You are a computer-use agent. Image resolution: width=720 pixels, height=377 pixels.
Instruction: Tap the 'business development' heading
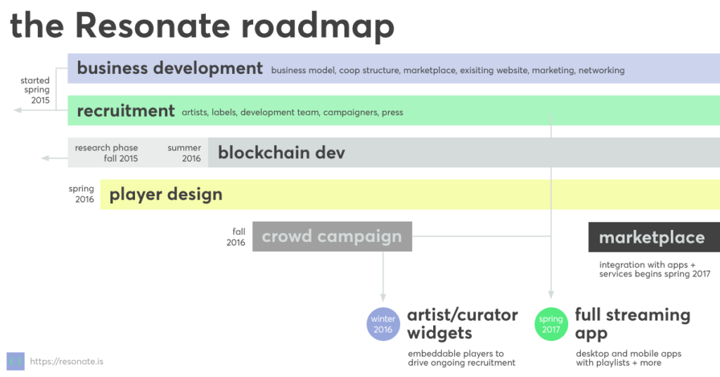(x=170, y=68)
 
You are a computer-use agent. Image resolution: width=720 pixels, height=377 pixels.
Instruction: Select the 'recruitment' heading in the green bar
(x=126, y=110)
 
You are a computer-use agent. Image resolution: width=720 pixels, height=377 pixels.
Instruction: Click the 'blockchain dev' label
(x=281, y=153)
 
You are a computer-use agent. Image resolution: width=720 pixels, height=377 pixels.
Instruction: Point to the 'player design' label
(x=166, y=194)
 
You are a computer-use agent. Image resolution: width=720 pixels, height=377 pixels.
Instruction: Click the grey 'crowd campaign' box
(x=332, y=236)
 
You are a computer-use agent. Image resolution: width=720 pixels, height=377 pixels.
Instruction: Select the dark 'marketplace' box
(x=654, y=237)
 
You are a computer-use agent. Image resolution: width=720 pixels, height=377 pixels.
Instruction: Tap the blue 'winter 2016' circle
(x=383, y=324)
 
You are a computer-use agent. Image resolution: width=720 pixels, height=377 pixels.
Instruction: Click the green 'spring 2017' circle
(x=551, y=324)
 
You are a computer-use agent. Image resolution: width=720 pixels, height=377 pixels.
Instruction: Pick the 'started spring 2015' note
(x=35, y=90)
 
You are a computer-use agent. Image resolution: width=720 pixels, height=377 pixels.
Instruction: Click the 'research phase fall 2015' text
(x=107, y=153)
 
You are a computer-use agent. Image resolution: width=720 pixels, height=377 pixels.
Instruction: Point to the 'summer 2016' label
(x=184, y=153)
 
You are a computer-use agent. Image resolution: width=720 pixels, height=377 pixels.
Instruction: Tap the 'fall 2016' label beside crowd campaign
(x=236, y=237)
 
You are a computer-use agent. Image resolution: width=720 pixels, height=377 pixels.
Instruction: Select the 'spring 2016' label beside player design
(x=82, y=194)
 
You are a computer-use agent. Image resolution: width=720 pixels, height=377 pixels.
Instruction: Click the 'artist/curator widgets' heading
(x=463, y=324)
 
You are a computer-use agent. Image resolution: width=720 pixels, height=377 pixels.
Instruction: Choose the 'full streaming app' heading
(x=633, y=324)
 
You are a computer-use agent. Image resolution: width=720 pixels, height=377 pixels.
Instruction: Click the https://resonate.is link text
(x=67, y=362)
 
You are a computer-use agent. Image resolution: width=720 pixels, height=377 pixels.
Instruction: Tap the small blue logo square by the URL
(x=15, y=362)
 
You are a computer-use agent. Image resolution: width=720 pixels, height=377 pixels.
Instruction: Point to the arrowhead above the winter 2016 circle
(x=383, y=298)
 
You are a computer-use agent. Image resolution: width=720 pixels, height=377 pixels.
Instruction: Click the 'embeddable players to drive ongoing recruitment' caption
(x=461, y=358)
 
